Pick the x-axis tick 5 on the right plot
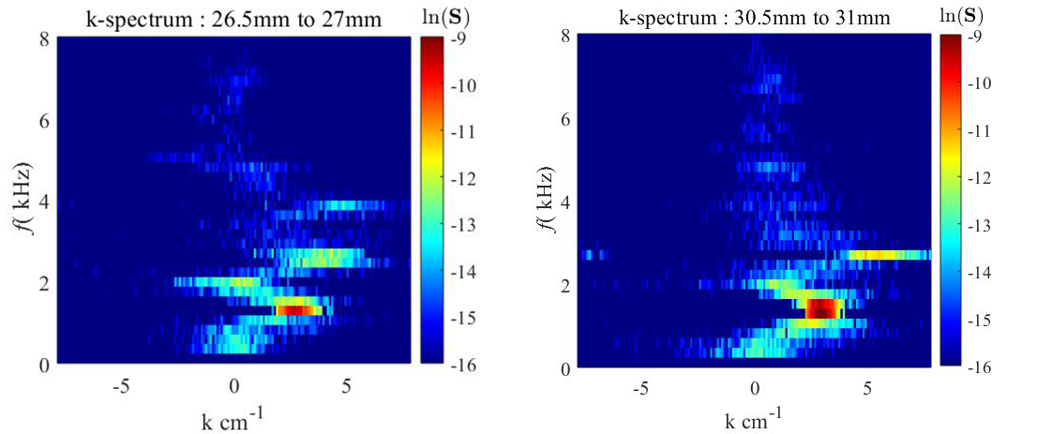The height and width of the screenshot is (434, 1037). tap(867, 386)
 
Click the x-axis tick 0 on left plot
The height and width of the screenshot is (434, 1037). tap(234, 383)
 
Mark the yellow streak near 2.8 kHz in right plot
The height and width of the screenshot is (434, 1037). tap(886, 254)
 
